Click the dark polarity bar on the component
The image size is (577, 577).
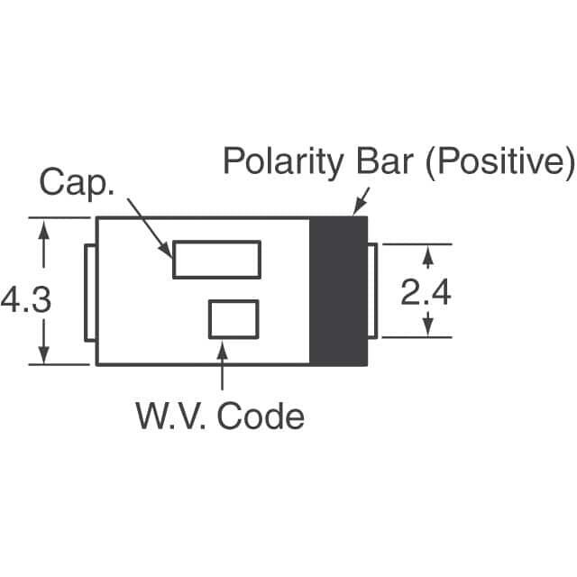pos(338,291)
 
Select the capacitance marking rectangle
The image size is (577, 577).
pos(216,260)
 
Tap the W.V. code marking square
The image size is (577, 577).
pos(234,319)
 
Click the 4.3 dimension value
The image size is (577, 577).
pos(26,300)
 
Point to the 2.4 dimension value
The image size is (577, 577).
pos(426,293)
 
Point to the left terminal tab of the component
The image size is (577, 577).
pos(89,293)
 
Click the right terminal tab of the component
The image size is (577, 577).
pos(372,291)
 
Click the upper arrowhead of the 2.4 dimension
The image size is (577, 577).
pos(427,253)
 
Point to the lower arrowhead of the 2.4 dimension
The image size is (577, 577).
pos(427,328)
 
